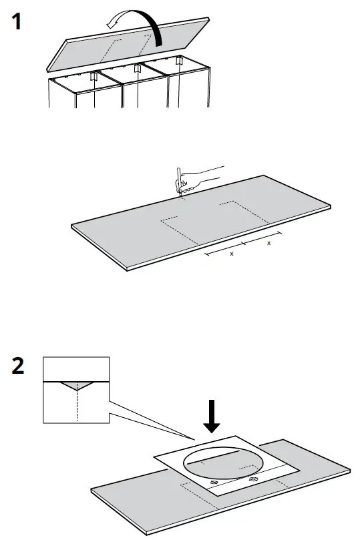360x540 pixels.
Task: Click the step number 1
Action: [17, 23]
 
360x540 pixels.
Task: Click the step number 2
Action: [17, 366]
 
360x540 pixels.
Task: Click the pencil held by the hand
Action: [178, 181]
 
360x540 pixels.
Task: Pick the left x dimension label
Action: [232, 254]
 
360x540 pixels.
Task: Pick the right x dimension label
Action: [268, 243]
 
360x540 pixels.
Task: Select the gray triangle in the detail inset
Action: [75, 385]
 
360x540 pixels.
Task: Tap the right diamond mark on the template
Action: [253, 478]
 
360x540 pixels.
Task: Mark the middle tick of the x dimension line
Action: [244, 244]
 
